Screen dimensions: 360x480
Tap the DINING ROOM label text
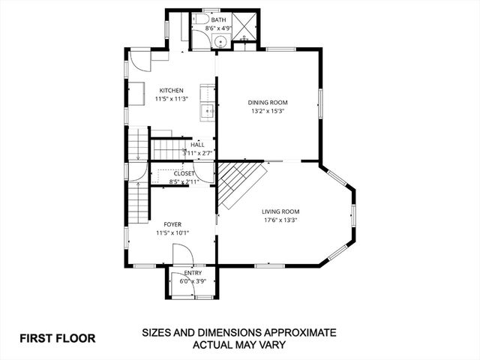pos(268,103)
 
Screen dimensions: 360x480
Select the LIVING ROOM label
pos(280,211)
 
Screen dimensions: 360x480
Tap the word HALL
pos(197,145)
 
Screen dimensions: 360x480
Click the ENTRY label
pos(193,273)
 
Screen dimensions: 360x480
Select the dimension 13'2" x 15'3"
pos(268,111)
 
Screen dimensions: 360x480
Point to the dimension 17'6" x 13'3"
pos(280,220)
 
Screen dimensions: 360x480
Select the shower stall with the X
pos(244,25)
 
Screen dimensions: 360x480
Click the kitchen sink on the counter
pos(207,112)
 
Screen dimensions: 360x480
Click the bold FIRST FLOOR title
pos(58,337)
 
